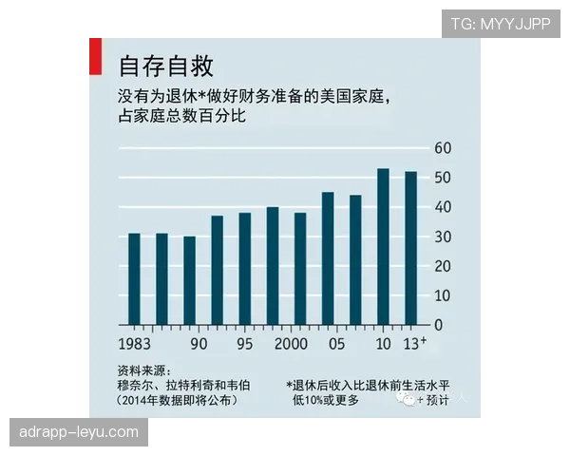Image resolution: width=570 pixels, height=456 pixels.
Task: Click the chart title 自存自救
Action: (x=165, y=66)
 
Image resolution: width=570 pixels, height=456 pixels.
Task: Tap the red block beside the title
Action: (x=92, y=57)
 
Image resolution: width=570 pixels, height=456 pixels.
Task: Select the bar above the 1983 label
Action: (x=134, y=278)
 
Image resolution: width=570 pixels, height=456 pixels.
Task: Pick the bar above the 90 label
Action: (x=189, y=280)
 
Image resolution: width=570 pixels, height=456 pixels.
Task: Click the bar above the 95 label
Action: (x=244, y=268)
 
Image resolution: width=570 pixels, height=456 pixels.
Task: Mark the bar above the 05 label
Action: (x=328, y=257)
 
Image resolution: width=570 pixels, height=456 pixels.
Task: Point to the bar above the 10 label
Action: (x=383, y=246)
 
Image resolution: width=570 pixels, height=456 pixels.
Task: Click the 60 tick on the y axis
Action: (x=443, y=148)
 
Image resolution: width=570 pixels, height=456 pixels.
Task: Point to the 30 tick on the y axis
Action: (x=443, y=237)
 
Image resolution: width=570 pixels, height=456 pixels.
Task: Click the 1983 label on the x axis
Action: (x=136, y=343)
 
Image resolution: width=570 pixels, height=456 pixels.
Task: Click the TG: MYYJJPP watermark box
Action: (x=501, y=23)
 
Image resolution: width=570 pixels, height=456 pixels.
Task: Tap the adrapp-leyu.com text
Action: (x=78, y=432)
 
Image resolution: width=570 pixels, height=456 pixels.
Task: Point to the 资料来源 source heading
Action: (x=142, y=370)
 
